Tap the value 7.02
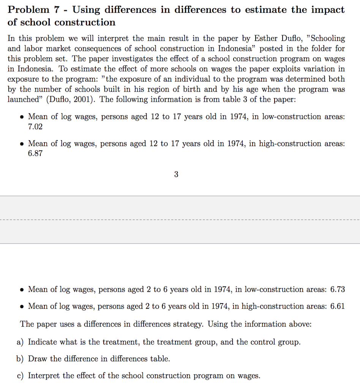(35, 127)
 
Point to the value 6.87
(35, 153)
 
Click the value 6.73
(338, 289)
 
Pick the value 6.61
(338, 306)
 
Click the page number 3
(176, 175)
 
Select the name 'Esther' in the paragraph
(267, 39)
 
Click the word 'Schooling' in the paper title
(328, 39)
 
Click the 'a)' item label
(21, 342)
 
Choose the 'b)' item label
(21, 359)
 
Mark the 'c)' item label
(21, 376)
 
